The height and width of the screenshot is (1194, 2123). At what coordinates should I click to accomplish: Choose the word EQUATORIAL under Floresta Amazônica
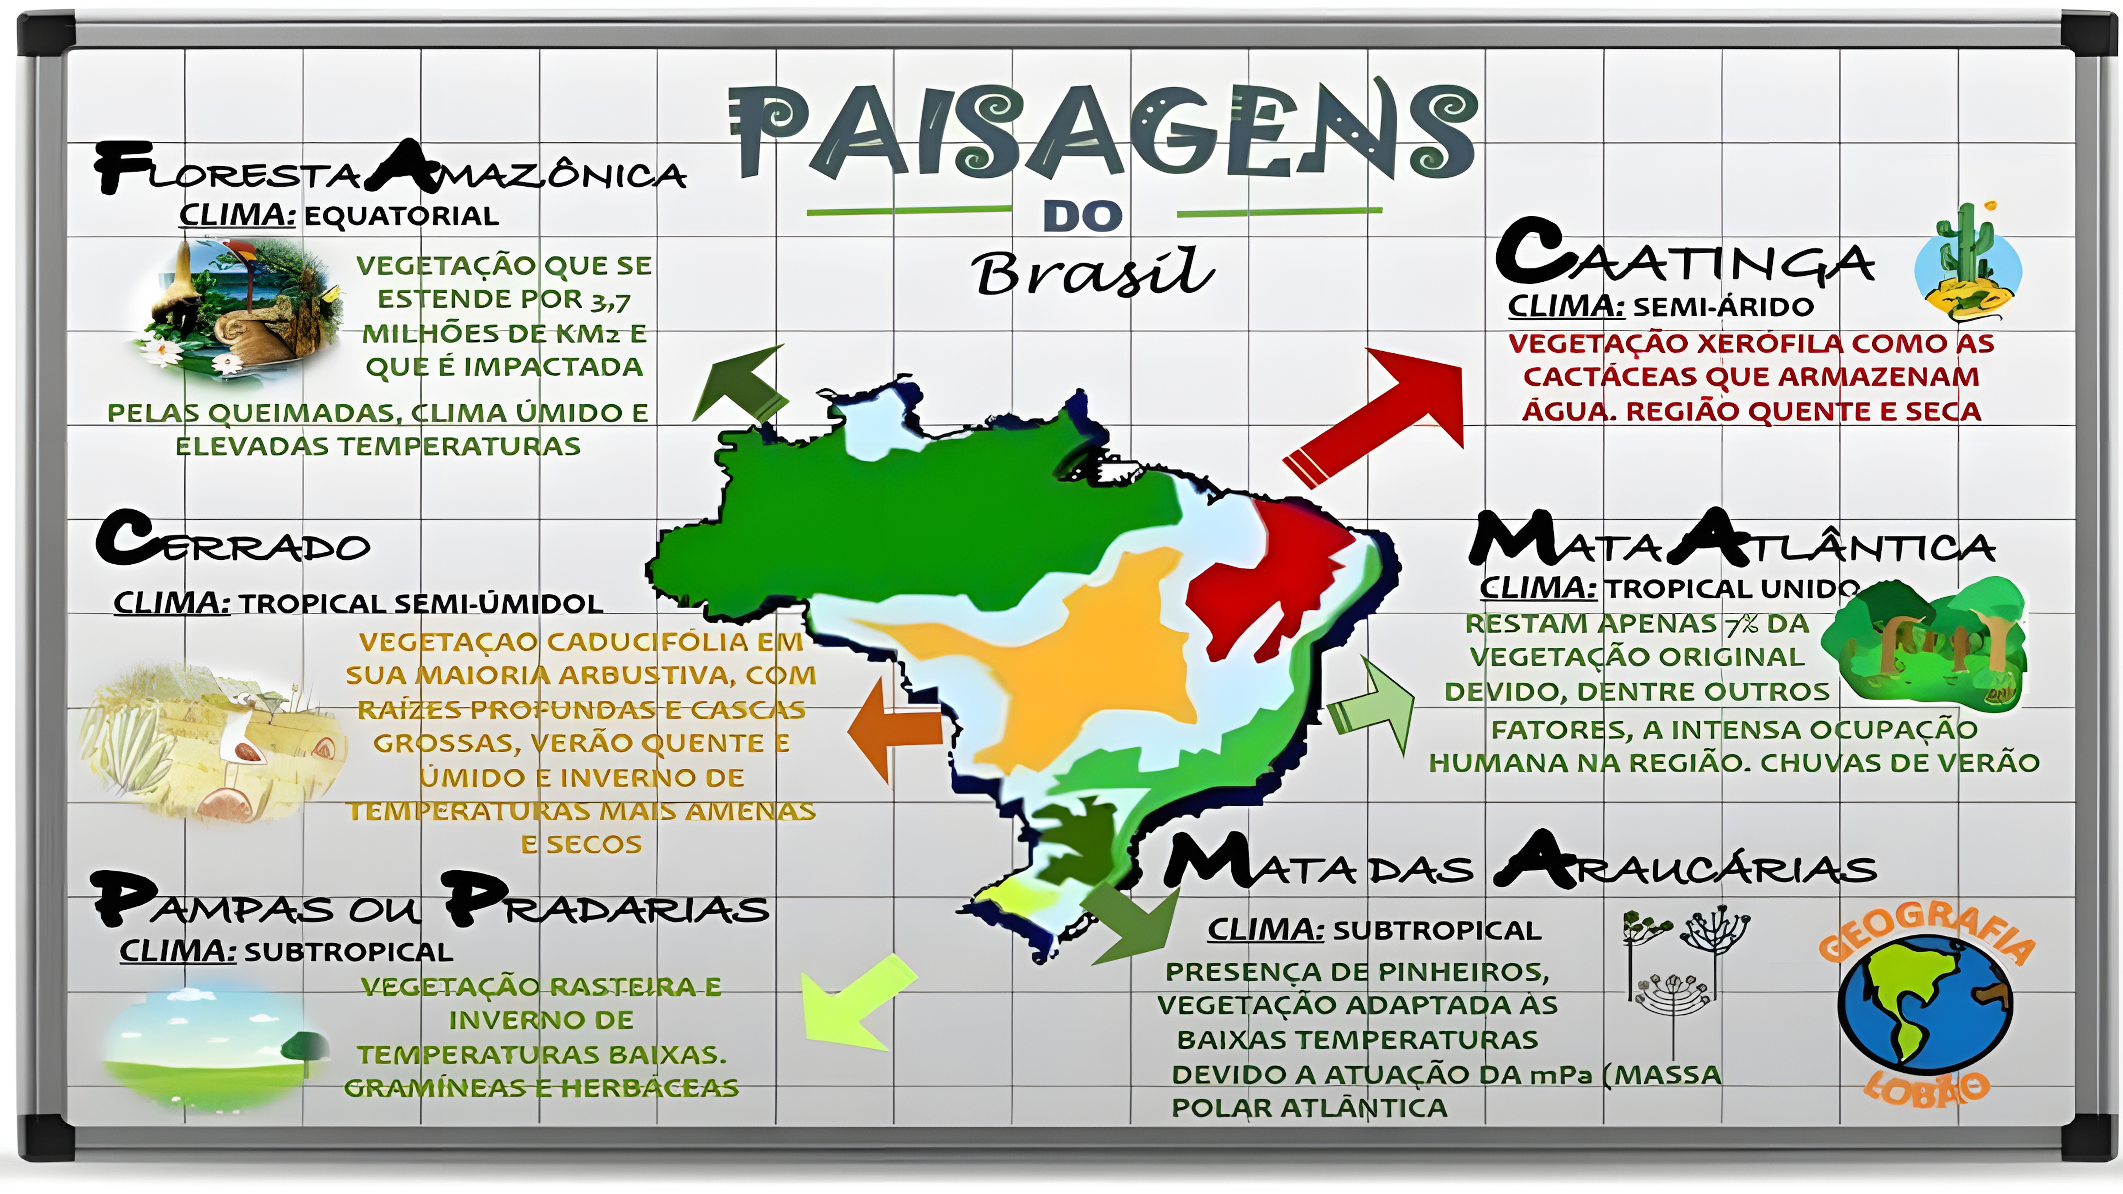401,216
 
